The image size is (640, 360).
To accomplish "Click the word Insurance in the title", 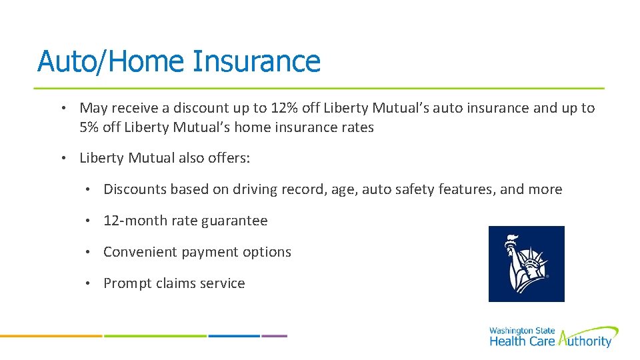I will click(x=256, y=61).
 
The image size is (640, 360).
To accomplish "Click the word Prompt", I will click(x=127, y=283).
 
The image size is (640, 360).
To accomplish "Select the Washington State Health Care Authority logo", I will click(x=553, y=337).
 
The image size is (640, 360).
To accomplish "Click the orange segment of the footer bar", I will click(x=51, y=336).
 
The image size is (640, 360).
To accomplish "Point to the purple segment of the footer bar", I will click(x=274, y=336).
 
